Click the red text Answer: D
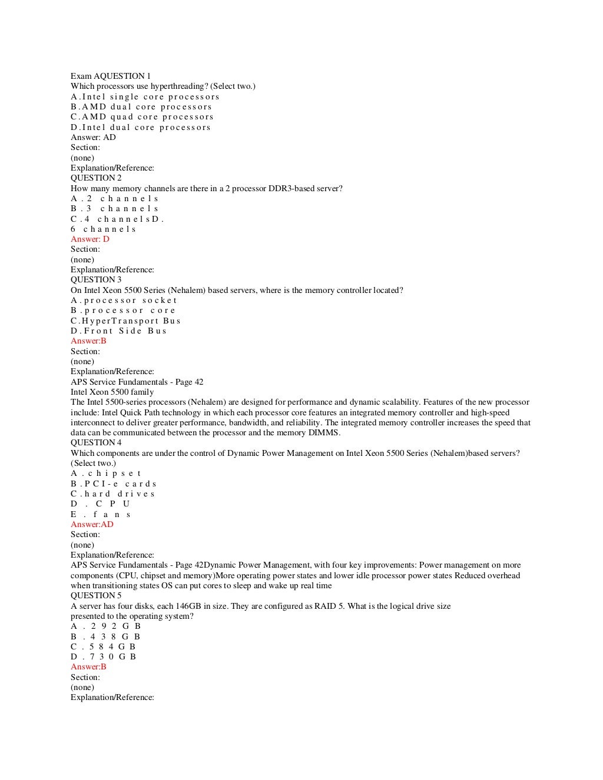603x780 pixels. (x=90, y=239)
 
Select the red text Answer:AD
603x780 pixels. (x=92, y=524)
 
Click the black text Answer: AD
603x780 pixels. (x=93, y=137)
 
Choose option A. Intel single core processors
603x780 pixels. (x=145, y=96)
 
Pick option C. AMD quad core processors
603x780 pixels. (x=142, y=116)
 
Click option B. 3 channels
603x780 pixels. (x=114, y=208)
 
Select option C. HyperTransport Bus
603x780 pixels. (x=125, y=321)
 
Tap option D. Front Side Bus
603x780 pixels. (x=118, y=331)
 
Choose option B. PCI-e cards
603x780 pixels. (x=114, y=484)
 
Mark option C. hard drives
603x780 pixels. (x=112, y=494)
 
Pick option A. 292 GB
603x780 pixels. (x=105, y=626)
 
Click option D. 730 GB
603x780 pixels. (x=103, y=656)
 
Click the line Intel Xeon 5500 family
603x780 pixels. (x=112, y=392)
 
